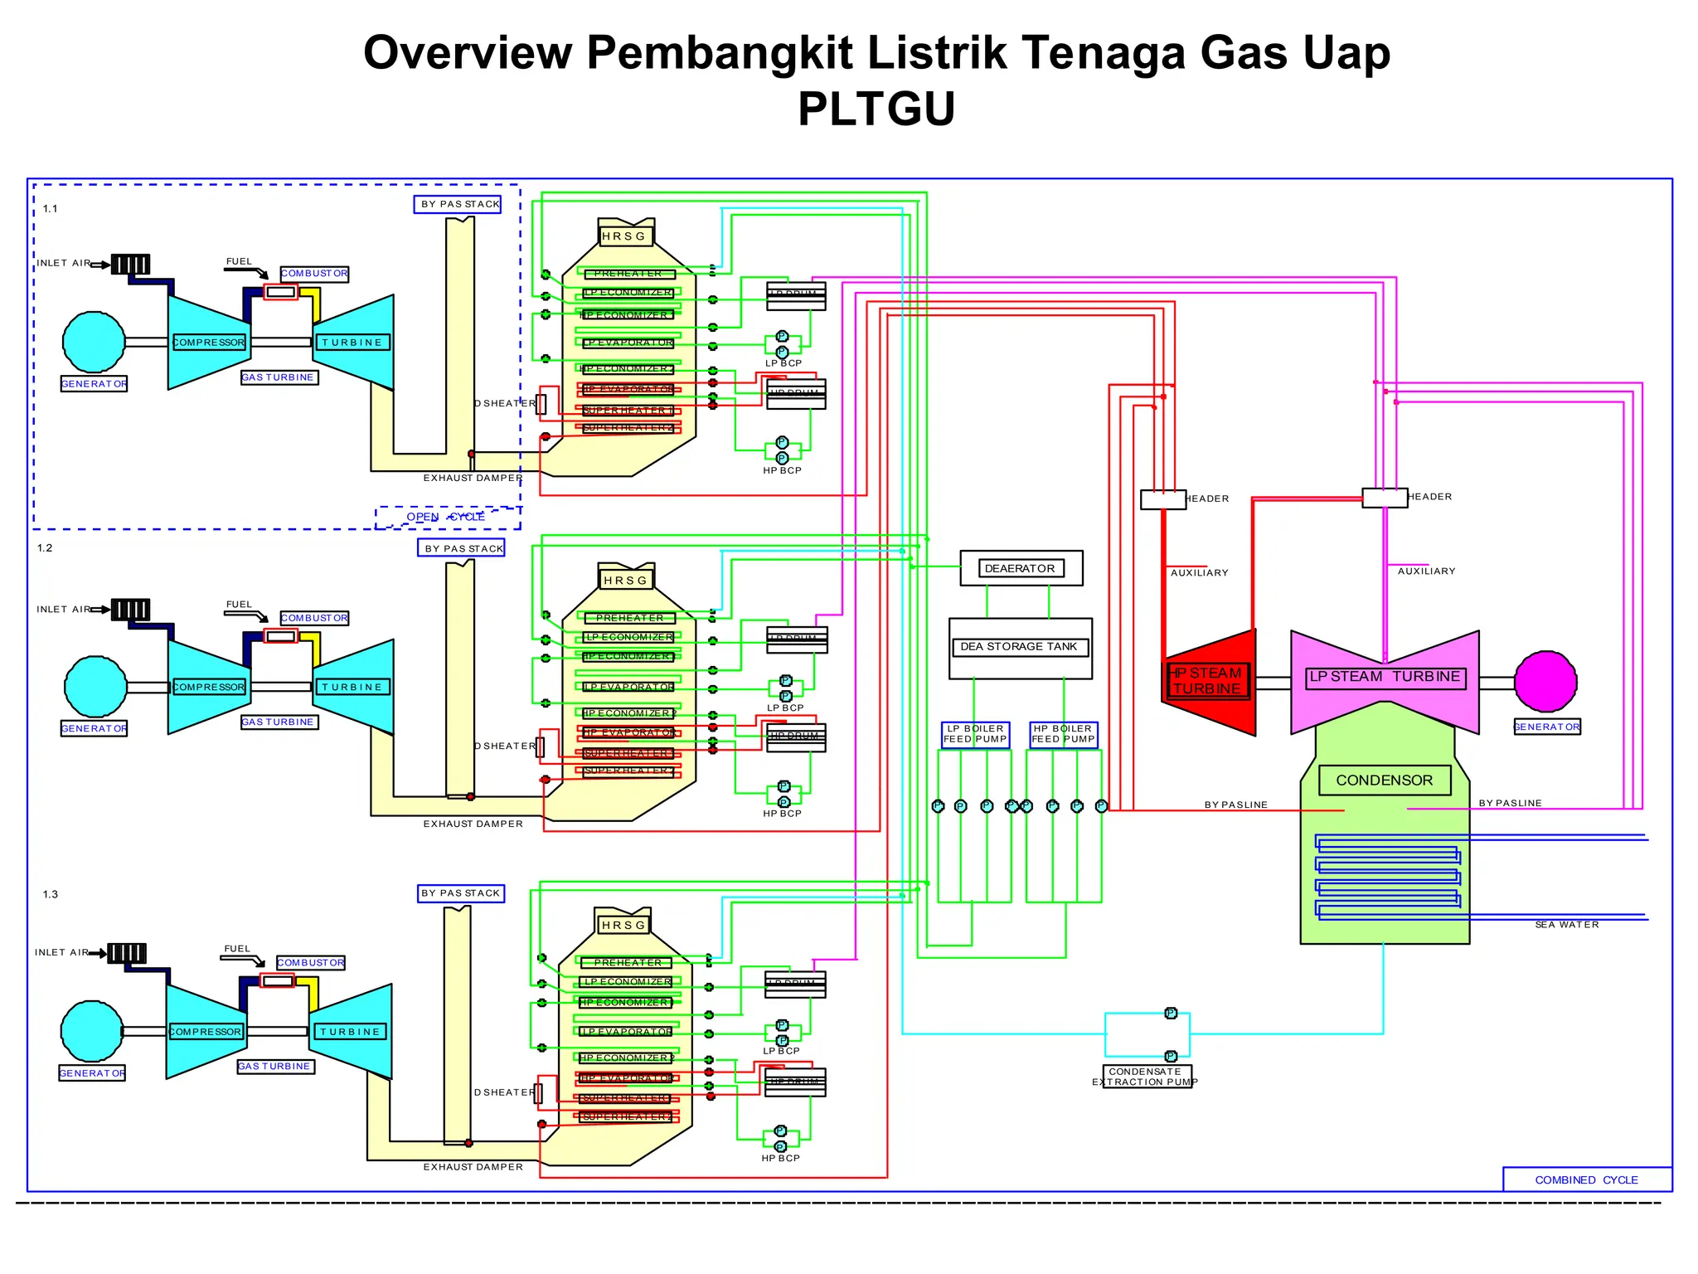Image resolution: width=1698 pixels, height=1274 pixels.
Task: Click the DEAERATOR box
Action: (1021, 568)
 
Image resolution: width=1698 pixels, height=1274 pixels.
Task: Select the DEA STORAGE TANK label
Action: (1019, 646)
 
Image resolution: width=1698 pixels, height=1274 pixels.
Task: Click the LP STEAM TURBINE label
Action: (1385, 677)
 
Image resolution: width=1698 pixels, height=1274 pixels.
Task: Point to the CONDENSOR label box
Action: (1384, 780)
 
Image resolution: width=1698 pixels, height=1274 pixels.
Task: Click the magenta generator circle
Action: (1545, 681)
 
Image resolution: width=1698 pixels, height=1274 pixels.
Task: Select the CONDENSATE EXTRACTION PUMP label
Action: (1147, 1077)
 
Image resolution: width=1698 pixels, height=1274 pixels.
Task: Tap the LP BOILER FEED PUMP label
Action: (975, 734)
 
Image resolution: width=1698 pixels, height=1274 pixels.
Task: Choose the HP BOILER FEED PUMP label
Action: (1063, 734)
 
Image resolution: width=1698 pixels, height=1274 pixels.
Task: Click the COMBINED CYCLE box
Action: (1586, 1179)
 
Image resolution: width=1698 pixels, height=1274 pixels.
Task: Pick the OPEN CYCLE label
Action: (446, 517)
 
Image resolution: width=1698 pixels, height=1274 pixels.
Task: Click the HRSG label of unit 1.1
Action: (624, 236)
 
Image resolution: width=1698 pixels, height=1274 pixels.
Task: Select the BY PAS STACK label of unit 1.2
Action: (463, 548)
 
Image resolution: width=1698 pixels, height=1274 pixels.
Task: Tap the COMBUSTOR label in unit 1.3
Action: (311, 962)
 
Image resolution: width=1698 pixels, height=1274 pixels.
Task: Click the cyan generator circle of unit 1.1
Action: (94, 342)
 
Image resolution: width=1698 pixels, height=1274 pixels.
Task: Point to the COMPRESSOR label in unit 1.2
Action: (209, 687)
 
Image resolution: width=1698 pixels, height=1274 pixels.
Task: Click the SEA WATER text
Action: (1566, 925)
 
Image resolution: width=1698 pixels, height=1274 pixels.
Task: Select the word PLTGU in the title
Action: (876, 109)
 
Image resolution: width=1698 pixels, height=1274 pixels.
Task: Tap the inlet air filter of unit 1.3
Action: (127, 953)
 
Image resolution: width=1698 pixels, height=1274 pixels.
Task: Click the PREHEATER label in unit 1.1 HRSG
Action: (628, 274)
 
